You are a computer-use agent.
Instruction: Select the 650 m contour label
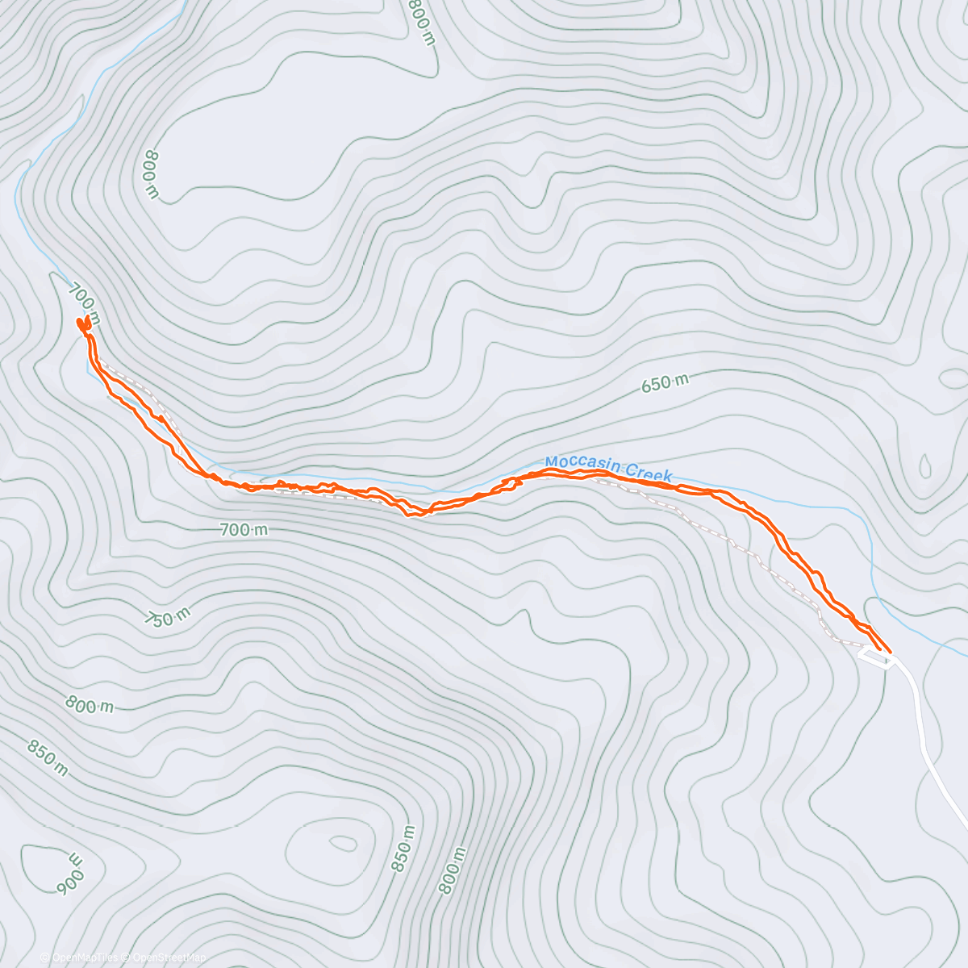pos(665,382)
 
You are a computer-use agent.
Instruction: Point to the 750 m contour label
pos(168,617)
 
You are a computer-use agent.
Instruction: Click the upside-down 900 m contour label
pos(69,873)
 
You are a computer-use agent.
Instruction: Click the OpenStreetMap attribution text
pos(169,958)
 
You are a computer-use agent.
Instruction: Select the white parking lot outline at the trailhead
pos(876,658)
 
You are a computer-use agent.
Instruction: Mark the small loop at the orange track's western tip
pos(82,323)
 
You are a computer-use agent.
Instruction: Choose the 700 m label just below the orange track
pos(244,530)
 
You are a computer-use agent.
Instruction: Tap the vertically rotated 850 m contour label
pos(403,849)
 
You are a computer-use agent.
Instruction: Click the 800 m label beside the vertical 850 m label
pos(453,870)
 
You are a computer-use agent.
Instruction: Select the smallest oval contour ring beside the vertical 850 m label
pos(344,844)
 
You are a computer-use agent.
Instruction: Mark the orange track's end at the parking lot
pos(887,649)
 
